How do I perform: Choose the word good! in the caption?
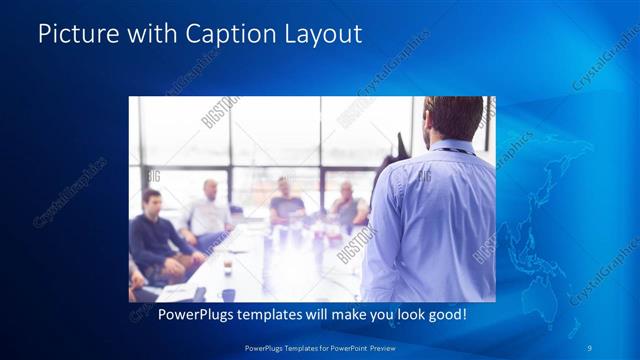447,314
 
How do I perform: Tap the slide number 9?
590,347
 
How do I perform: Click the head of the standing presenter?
451,118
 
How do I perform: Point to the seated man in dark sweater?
153,235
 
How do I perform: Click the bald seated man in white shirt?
208,210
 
